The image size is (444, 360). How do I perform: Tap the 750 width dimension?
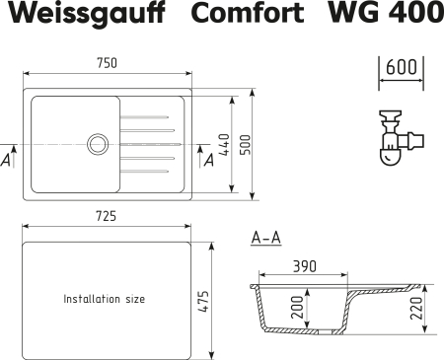[108, 63]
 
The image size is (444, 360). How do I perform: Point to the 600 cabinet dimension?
[401, 67]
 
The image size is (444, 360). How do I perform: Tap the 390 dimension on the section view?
[305, 266]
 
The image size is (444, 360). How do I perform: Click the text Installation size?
[104, 298]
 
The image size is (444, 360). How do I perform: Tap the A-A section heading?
[266, 238]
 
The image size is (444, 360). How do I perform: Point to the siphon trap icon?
[396, 139]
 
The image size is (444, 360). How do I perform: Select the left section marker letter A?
[8, 159]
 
